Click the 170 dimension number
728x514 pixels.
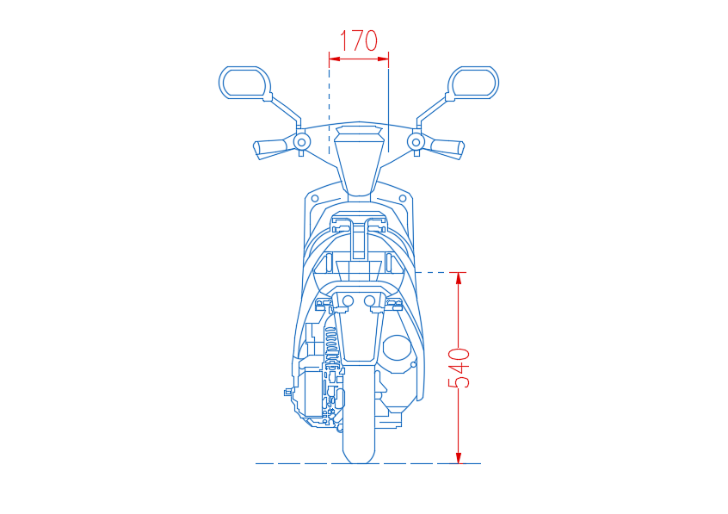coord(359,41)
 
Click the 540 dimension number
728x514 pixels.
coord(459,368)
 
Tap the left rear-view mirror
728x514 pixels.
coord(244,83)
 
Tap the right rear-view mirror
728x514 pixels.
coord(473,83)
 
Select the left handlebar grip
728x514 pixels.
coord(270,148)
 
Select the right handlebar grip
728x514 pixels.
coord(447,148)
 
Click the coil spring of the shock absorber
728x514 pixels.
coord(331,344)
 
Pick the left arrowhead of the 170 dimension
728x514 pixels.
coord(335,59)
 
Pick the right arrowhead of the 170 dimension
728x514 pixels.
coord(383,59)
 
